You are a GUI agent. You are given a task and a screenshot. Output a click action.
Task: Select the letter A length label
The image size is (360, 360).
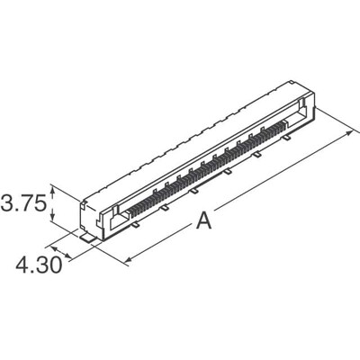click(205, 223)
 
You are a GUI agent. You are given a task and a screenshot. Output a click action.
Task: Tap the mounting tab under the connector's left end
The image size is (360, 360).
click(88, 237)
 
